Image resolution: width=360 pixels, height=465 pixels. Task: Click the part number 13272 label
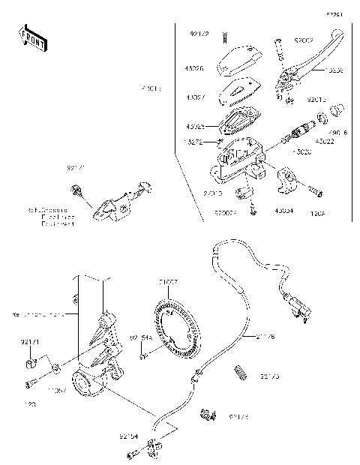pyautogui.click(x=193, y=140)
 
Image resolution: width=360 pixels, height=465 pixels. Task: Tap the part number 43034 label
pyautogui.click(x=284, y=212)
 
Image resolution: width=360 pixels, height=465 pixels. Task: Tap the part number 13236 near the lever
pyautogui.click(x=335, y=70)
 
